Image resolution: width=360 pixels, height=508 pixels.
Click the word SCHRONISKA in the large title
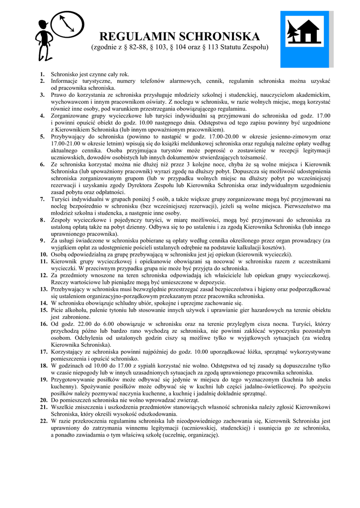[218, 36]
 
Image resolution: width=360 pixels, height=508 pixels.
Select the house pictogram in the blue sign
[311, 32]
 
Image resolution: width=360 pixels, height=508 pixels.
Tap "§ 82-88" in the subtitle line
[135, 48]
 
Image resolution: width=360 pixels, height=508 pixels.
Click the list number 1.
[42, 74]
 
